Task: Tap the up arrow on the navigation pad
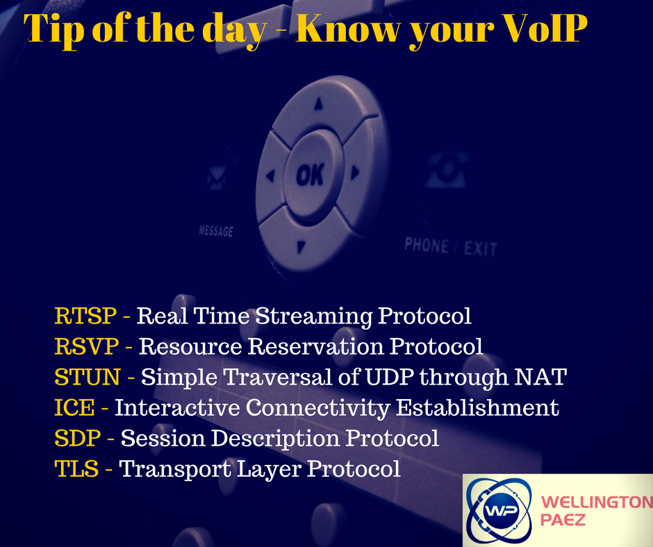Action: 319,103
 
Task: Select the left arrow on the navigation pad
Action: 271,176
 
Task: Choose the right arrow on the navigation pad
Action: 355,172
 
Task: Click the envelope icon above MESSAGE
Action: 217,178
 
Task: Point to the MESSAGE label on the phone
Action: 216,231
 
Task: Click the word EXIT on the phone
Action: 481,249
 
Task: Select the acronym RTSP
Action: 85,316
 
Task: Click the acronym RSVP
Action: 87,346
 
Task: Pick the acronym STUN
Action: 88,377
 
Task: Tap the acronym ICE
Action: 74,407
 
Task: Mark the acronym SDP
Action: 78,438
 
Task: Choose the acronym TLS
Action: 76,469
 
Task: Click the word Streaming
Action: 313,317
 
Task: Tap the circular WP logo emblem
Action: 499,510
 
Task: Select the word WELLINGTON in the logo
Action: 596,502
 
